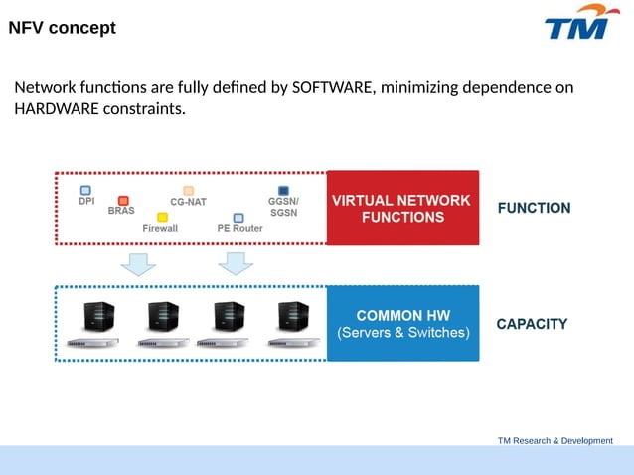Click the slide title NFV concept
pyautogui.click(x=63, y=28)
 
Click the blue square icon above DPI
pyautogui.click(x=85, y=189)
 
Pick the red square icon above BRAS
pyautogui.click(x=123, y=201)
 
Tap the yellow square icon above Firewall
pyautogui.click(x=162, y=217)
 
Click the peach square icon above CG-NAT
pyautogui.click(x=188, y=190)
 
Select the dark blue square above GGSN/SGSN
pyautogui.click(x=283, y=190)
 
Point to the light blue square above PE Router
pyautogui.click(x=238, y=217)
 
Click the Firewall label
pyautogui.click(x=160, y=228)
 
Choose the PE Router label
pyautogui.click(x=239, y=228)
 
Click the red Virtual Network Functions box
pyautogui.click(x=402, y=208)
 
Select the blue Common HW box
pyautogui.click(x=402, y=323)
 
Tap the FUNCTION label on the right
pyautogui.click(x=534, y=208)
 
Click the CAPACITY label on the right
pyautogui.click(x=532, y=324)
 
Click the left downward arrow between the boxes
pyautogui.click(x=138, y=263)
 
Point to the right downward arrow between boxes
pyautogui.click(x=236, y=263)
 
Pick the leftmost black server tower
pyautogui.click(x=96, y=317)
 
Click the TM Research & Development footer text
pyautogui.click(x=555, y=440)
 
